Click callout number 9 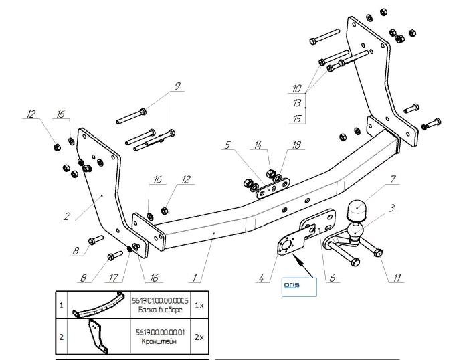click(x=177, y=86)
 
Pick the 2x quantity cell click(x=199, y=337)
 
